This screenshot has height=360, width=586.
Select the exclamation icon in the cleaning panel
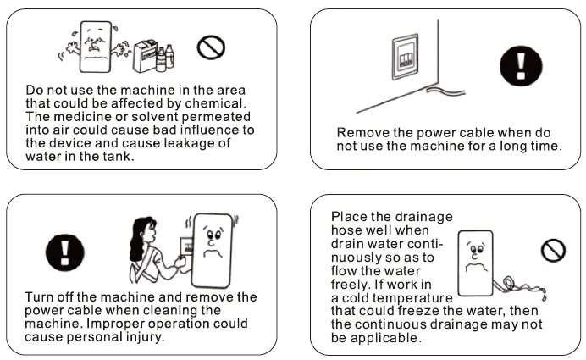tap(64, 252)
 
